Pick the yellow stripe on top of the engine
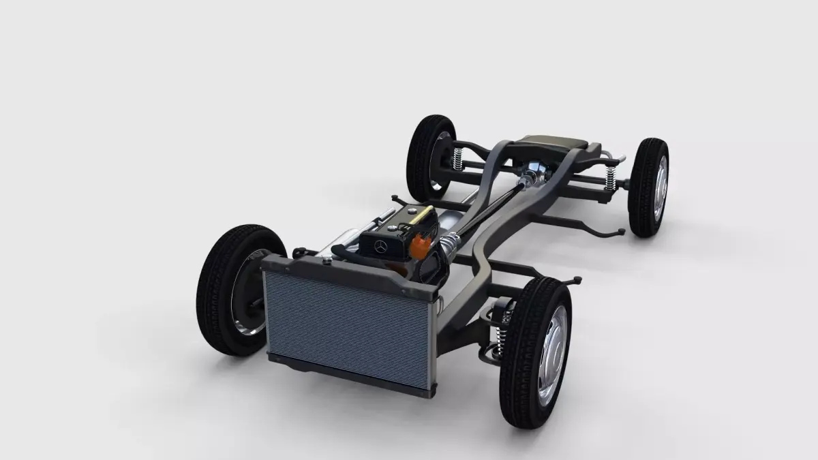click(417, 215)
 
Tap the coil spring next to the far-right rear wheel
click(611, 179)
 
